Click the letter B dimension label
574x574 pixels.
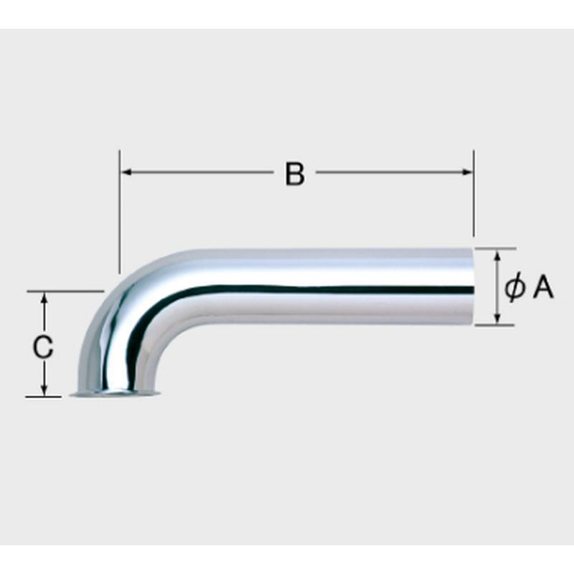pyautogui.click(x=295, y=174)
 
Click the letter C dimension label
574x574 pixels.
pyautogui.click(x=43, y=347)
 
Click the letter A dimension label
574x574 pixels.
pyautogui.click(x=543, y=288)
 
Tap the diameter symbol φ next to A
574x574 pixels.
pyautogui.click(x=514, y=288)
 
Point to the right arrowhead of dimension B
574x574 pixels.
pyautogui.click(x=467, y=171)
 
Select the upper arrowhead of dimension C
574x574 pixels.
pyautogui.click(x=44, y=298)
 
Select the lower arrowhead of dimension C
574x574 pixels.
pyautogui.click(x=44, y=390)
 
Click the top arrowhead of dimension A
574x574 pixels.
pyautogui.click(x=497, y=255)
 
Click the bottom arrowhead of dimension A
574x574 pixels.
pyautogui.click(x=497, y=318)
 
